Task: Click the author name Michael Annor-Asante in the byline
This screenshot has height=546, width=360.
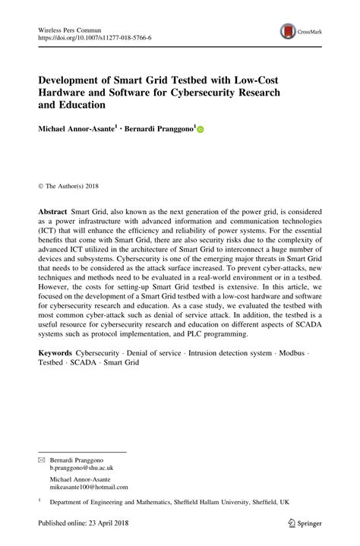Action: [x=81, y=130]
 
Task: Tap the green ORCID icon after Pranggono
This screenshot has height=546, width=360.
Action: [x=201, y=131]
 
